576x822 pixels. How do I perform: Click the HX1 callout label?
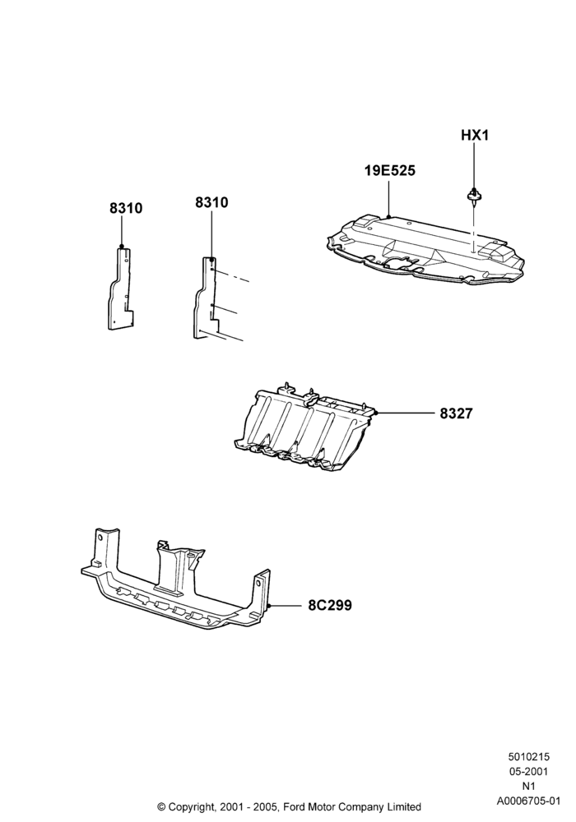(x=474, y=136)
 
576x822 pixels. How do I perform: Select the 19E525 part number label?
(x=390, y=171)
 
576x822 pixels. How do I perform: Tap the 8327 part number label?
(x=456, y=413)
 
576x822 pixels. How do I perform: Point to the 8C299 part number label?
(x=329, y=606)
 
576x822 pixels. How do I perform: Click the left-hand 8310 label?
(x=126, y=208)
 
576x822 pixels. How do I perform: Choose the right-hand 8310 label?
(x=211, y=202)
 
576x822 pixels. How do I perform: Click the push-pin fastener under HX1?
(x=474, y=196)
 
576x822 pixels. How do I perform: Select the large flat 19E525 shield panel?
(x=425, y=248)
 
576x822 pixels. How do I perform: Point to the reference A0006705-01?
(x=528, y=801)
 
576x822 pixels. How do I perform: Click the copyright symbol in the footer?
(x=161, y=807)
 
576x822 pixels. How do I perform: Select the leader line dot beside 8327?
(x=377, y=413)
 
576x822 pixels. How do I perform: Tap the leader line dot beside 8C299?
(x=268, y=606)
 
